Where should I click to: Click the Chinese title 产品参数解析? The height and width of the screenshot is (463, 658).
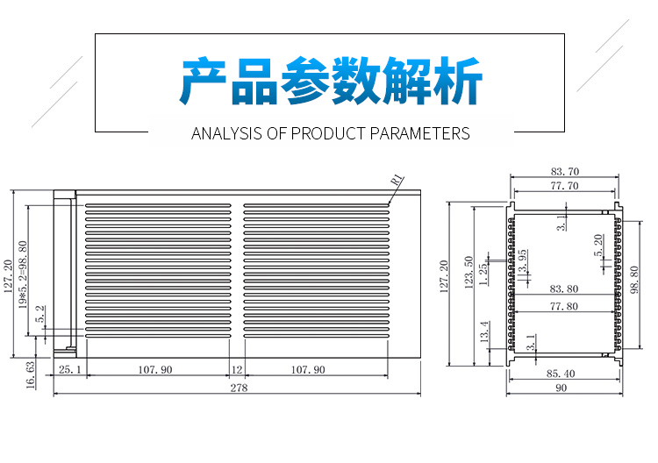pos(331,83)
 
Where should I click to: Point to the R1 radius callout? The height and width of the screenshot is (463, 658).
pos(397,180)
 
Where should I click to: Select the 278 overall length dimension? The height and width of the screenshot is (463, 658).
pos(238,388)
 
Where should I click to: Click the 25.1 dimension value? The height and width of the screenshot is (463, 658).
pos(69,370)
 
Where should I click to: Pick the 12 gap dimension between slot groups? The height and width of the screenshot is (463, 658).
pos(237,370)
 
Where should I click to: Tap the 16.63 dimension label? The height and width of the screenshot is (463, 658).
pos(30,374)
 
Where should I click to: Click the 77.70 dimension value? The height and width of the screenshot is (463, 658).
pos(564,186)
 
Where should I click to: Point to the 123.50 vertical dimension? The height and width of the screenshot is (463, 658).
pos(469,271)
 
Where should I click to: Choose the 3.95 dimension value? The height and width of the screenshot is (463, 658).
pos(523,261)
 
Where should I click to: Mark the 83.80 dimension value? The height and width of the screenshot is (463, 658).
pos(563,288)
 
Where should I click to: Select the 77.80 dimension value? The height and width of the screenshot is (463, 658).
pos(563,306)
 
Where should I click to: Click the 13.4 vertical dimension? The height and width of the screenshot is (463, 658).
pos(484,332)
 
